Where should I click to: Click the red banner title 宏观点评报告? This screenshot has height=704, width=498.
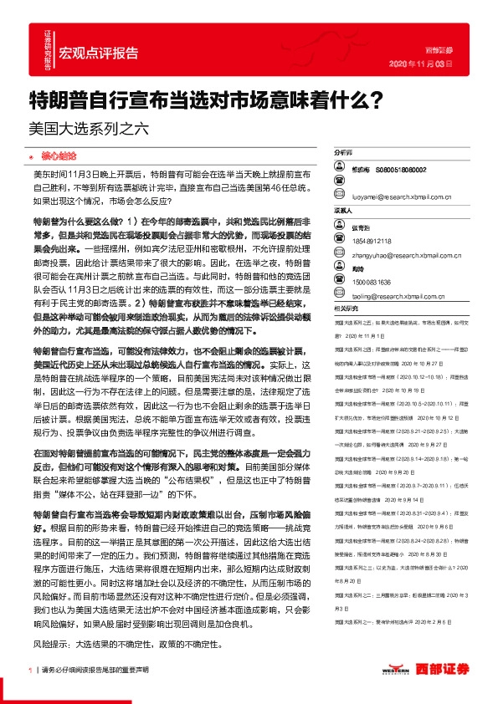[x=100, y=53]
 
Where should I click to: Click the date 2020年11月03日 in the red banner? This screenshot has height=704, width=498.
[x=423, y=63]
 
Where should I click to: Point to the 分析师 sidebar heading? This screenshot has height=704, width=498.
[x=344, y=154]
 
